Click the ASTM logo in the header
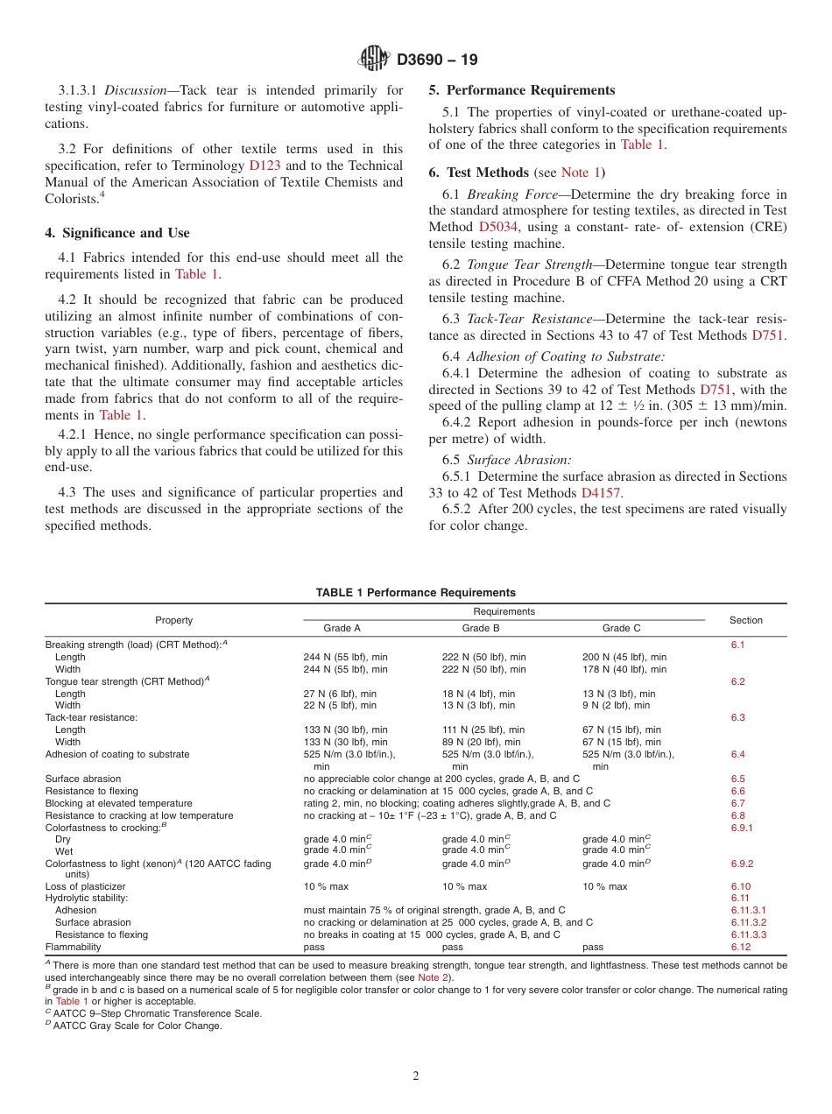click(375, 60)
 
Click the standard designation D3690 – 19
click(437, 60)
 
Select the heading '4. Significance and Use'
click(117, 233)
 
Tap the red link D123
click(264, 166)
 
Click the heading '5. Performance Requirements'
click(522, 90)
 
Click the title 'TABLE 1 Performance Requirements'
click(415, 593)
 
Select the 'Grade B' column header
click(481, 628)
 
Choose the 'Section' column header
click(745, 620)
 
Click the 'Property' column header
click(173, 620)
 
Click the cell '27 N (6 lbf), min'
click(340, 694)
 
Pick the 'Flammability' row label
click(74, 947)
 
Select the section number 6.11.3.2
click(748, 922)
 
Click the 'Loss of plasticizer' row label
click(84, 886)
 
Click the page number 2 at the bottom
click(416, 1076)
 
